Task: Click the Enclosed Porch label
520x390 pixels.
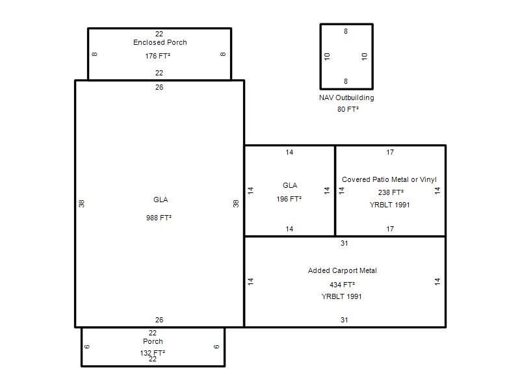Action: coord(160,42)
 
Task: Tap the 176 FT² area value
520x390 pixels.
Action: coord(157,56)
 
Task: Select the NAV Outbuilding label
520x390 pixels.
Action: coord(346,97)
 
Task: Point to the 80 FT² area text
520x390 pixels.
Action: coord(348,109)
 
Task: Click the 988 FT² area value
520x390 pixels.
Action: coord(159,218)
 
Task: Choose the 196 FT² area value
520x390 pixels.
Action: coord(289,199)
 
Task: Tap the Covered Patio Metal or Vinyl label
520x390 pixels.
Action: coord(389,179)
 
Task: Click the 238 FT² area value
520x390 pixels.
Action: coord(391,192)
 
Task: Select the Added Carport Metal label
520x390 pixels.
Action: coord(343,270)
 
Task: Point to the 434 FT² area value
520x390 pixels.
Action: coord(343,285)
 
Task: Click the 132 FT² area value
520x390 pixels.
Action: coord(153,353)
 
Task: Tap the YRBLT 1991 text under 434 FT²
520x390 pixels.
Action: coord(342,296)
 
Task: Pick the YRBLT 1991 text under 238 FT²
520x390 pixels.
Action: coord(389,205)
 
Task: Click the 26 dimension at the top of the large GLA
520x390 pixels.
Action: coord(159,87)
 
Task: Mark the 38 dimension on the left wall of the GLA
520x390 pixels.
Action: coord(82,203)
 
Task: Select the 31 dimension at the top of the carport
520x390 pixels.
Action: coord(344,243)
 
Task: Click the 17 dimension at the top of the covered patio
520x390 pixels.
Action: coord(390,152)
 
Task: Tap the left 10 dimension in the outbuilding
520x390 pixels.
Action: coord(327,57)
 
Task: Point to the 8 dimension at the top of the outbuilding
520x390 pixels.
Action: coord(346,31)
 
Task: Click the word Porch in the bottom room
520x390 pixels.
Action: coord(153,341)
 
